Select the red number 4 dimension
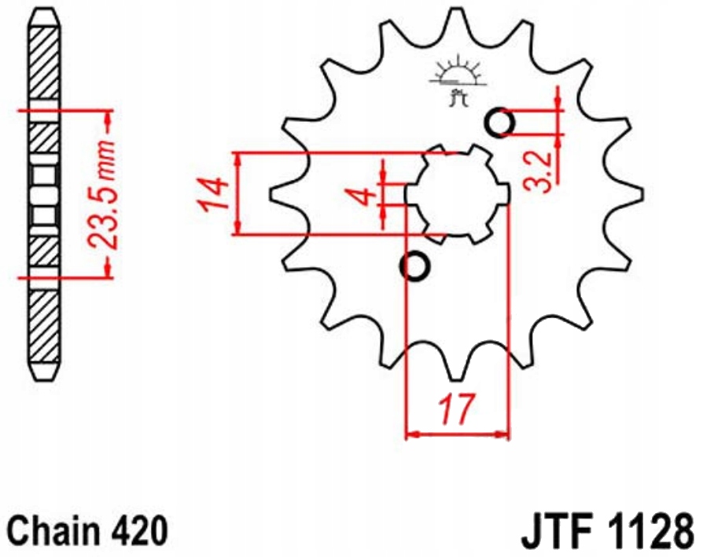[x=363, y=195]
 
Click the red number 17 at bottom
[x=457, y=409]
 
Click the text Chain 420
[x=87, y=531]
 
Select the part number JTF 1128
[x=606, y=531]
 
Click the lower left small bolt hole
[x=416, y=267]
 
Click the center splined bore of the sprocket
[x=457, y=193]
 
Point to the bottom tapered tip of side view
[x=44, y=369]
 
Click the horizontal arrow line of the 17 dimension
[x=457, y=433]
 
